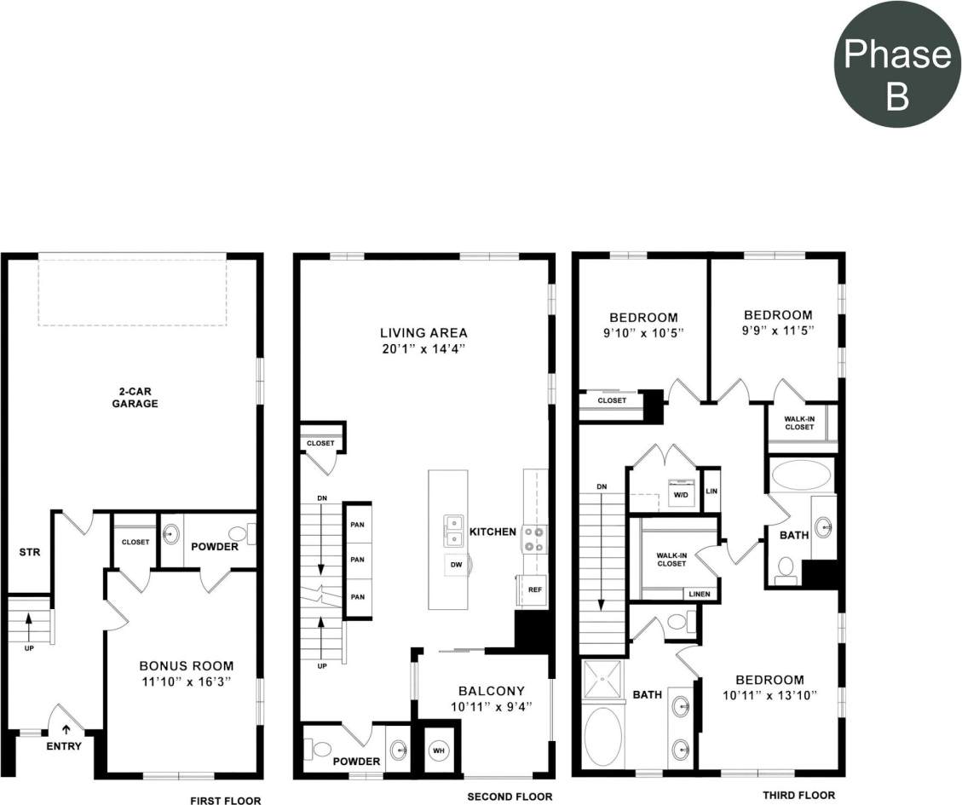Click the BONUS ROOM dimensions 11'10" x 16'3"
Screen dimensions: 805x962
point(186,681)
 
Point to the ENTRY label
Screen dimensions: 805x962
point(64,746)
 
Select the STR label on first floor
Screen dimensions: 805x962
point(30,552)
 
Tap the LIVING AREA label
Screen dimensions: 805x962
point(423,333)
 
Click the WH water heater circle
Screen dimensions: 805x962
point(439,750)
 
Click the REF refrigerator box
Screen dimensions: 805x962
point(534,589)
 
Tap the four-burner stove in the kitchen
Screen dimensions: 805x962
point(535,538)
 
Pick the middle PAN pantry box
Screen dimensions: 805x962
point(357,560)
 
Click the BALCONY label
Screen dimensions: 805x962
point(491,691)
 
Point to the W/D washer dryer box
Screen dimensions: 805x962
point(681,495)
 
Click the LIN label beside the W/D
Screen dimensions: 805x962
point(711,492)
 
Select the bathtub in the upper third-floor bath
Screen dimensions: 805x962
point(801,475)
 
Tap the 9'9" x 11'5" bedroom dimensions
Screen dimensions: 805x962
point(777,331)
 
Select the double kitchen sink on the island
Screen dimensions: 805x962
point(453,530)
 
